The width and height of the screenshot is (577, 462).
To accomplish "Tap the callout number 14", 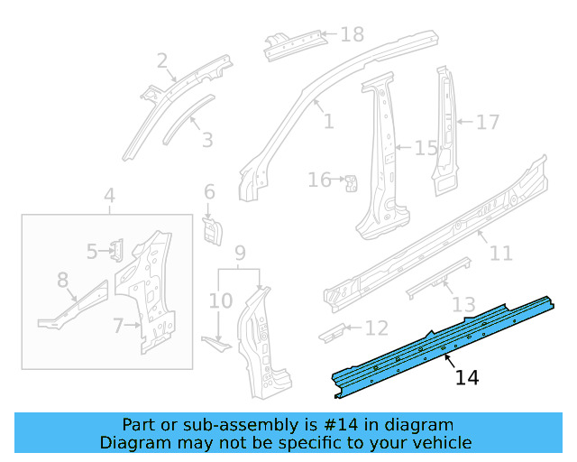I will pos(466,377).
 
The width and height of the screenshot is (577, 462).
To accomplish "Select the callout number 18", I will pos(352,35).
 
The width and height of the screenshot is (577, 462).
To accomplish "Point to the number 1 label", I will pos(328,120).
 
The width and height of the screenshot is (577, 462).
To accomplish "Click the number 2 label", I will pos(162,61).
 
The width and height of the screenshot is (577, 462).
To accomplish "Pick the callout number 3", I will pos(206,140).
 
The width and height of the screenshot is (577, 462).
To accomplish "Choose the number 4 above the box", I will pos(108,196).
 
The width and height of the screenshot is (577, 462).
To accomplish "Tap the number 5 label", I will pos(92,251).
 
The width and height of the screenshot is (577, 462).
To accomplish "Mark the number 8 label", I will pos(62,281).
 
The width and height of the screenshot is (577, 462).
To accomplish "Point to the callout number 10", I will pos(220,300).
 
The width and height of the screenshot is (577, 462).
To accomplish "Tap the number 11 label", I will pos(500,254).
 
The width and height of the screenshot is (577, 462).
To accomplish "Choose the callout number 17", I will pos(487,121).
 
